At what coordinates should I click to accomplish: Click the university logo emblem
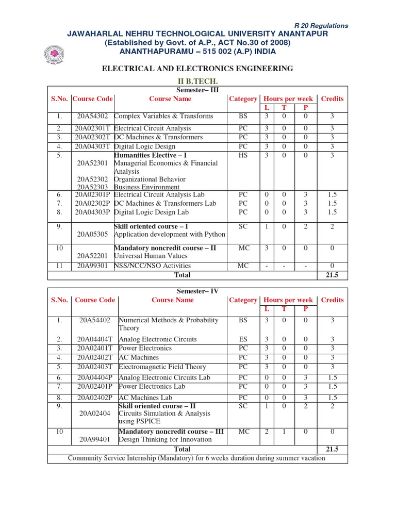point(53,54)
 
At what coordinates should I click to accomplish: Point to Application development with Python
point(169,234)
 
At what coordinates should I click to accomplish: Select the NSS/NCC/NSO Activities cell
point(148,266)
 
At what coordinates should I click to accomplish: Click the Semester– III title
point(198,90)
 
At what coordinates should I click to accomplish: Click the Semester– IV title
point(198,291)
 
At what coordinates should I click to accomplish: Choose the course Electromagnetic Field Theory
point(162,367)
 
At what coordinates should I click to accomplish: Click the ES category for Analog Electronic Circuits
point(243,339)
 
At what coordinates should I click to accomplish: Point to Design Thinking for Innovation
point(165,439)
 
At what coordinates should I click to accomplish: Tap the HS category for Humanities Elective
point(243,155)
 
